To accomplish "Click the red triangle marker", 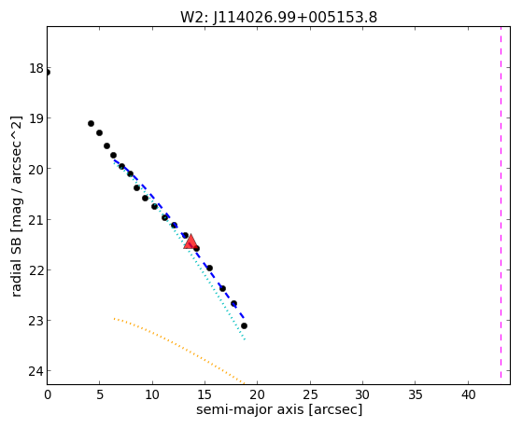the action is coord(190,242).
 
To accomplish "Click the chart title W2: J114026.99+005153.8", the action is coord(278,17).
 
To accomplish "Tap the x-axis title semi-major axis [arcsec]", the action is coord(279,409).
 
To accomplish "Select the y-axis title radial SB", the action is coord(17,206).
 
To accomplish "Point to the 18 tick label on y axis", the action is coord(36,68).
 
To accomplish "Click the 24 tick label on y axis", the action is coord(36,371).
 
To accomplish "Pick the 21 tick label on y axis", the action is coord(36,219).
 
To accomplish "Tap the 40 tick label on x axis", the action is coord(468,394).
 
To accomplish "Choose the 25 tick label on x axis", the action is coord(310,394).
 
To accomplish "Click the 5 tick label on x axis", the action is coord(100,394).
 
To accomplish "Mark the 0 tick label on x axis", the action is coord(48,394).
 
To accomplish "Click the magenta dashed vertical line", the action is coord(501,202).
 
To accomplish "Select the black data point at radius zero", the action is coord(48,73).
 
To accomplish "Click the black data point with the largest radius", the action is coord(244,326).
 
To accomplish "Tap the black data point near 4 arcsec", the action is coord(91,124).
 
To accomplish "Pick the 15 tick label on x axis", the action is coord(205,394).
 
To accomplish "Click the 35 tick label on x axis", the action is coord(416,394).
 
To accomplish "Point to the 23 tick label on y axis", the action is coord(36,321).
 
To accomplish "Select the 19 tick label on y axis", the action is coord(36,118).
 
